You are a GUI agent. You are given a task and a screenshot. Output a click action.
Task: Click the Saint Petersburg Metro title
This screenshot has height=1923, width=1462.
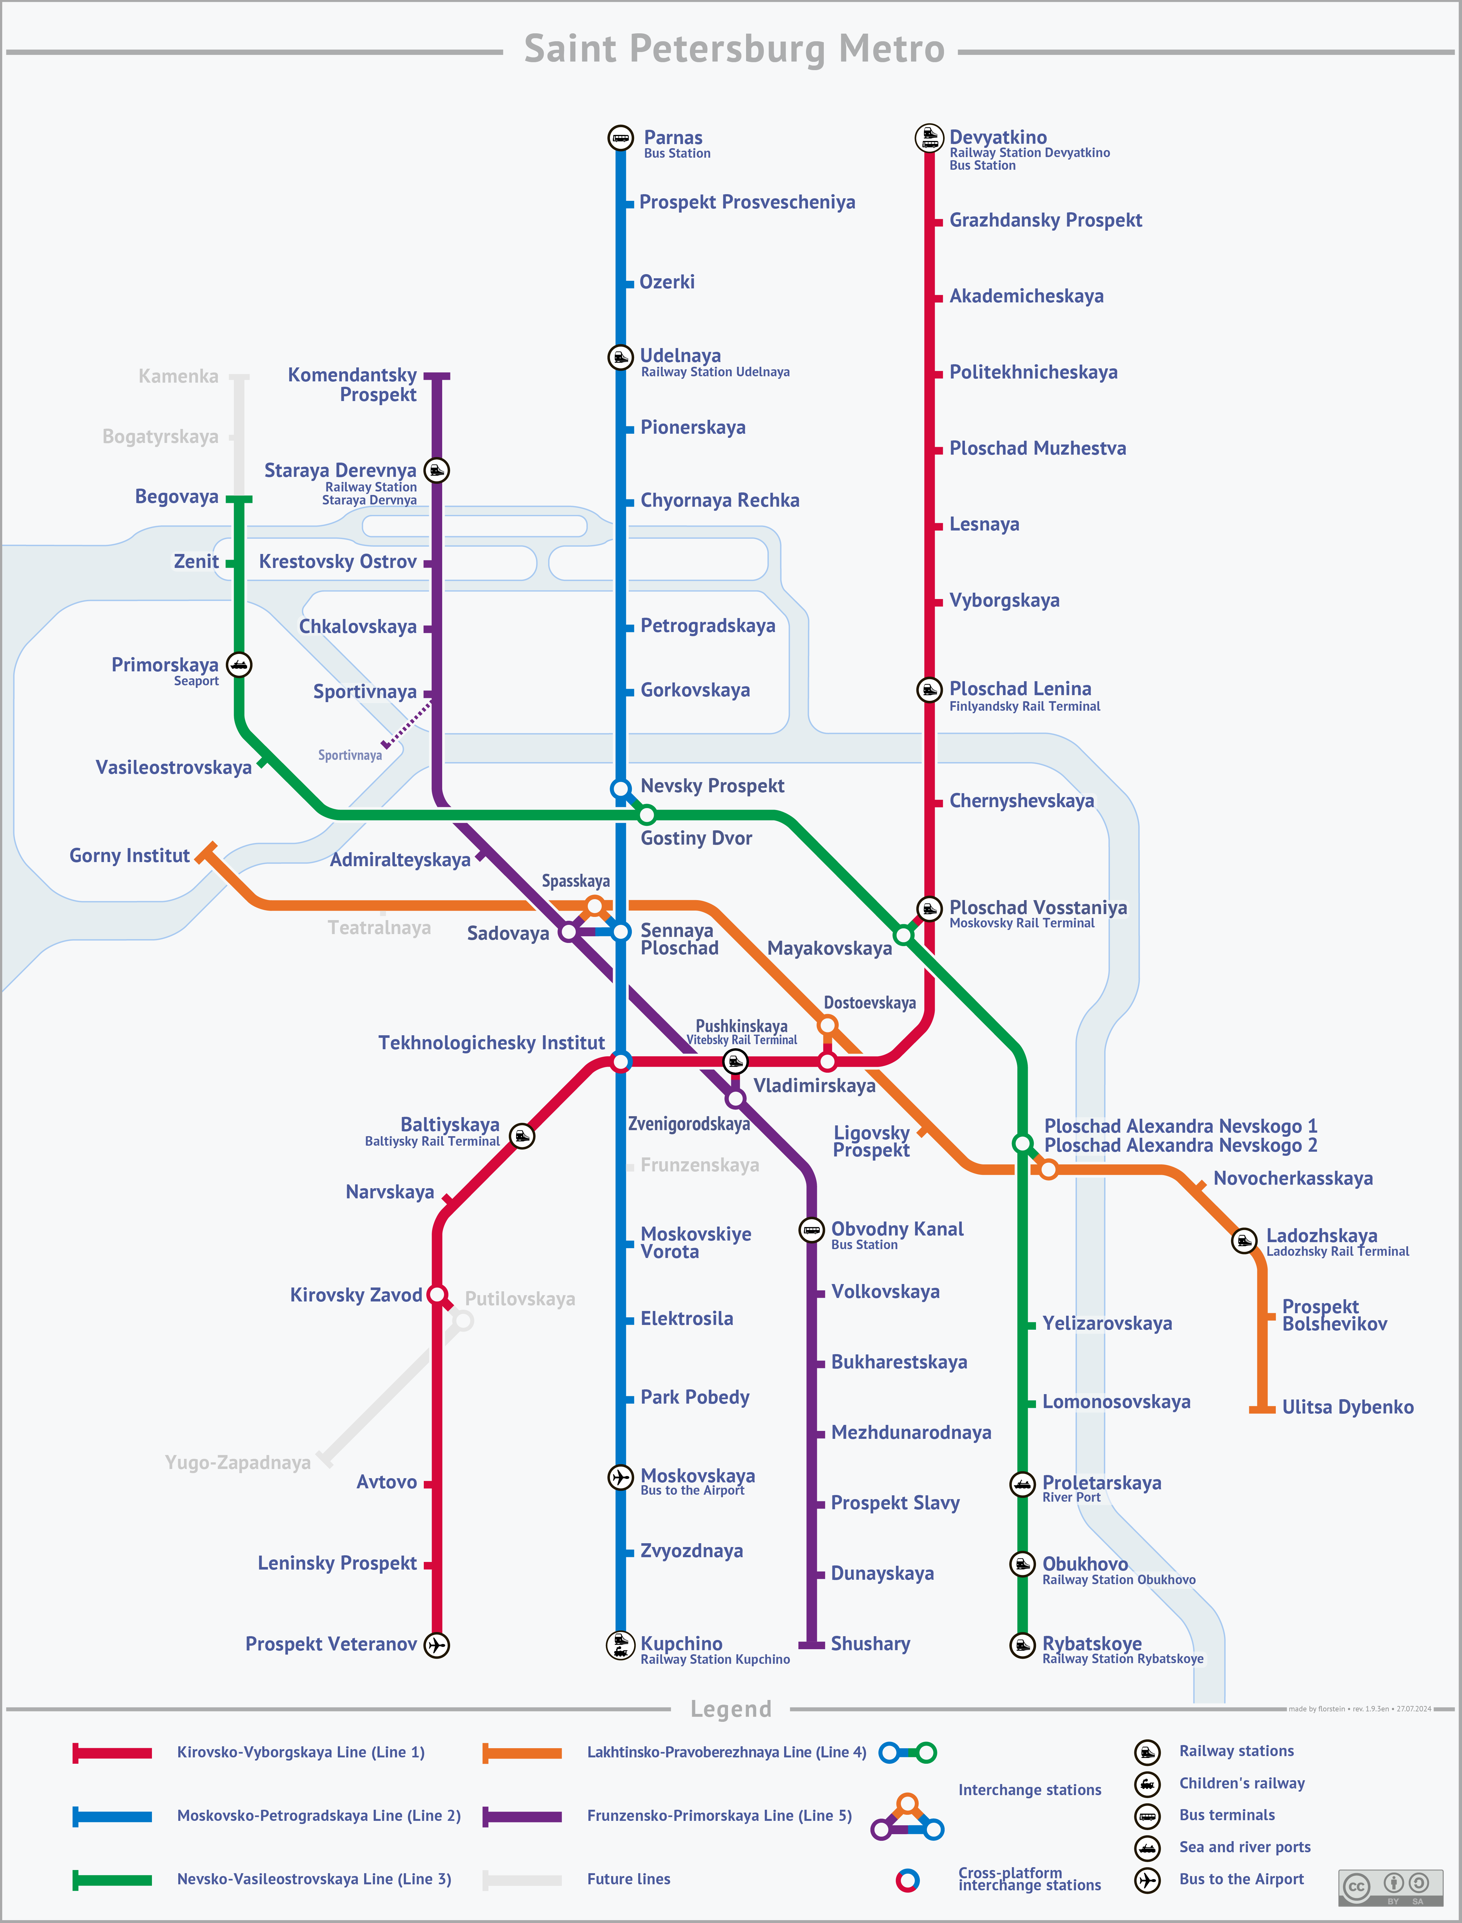pos(734,49)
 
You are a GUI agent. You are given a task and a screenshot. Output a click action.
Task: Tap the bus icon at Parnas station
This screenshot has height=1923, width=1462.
pos(620,138)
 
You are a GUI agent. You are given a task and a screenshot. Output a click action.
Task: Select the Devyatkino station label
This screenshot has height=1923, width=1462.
pos(998,137)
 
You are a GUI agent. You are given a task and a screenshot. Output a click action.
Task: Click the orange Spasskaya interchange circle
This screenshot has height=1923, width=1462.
pos(594,906)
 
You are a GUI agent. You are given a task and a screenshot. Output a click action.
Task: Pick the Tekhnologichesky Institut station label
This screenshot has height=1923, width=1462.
pos(492,1043)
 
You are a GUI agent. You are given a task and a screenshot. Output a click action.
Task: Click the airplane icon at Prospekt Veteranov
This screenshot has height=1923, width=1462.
pos(437,1644)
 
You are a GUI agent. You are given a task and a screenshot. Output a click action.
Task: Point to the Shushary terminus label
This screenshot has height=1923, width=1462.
pos(870,1643)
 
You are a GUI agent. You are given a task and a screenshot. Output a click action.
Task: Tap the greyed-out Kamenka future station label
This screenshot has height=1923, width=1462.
pos(178,376)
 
